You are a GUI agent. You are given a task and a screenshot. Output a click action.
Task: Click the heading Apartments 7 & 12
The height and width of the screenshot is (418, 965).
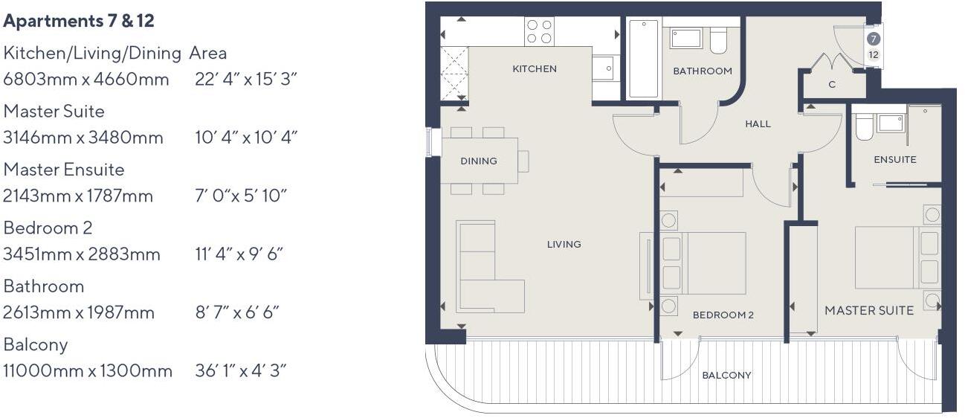point(79,21)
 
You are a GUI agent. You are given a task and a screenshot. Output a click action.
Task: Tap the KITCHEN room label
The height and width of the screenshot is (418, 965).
point(534,68)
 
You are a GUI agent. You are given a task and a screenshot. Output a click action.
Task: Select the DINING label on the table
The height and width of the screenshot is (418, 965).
point(478,161)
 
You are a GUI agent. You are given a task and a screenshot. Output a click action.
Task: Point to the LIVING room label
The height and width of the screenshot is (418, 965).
point(564,244)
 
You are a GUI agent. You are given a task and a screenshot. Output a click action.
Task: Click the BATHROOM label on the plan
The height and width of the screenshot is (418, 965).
point(702,71)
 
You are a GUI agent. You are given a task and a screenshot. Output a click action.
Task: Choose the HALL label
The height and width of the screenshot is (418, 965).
point(758,124)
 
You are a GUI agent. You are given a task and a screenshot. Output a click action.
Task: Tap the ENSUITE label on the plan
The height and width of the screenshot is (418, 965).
point(894,159)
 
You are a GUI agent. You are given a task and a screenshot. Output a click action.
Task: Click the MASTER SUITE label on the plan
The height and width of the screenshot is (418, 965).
point(868,310)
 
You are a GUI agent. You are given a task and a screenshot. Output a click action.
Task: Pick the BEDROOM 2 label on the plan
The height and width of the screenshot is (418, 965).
point(723,315)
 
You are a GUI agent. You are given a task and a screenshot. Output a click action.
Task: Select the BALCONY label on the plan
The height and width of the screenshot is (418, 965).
point(726,375)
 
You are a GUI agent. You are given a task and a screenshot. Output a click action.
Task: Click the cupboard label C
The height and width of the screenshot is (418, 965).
point(831,85)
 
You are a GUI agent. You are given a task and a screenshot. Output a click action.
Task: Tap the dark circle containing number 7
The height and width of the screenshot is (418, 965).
point(873,39)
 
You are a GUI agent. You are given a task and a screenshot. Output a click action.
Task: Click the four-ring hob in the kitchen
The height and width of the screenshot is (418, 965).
point(538,31)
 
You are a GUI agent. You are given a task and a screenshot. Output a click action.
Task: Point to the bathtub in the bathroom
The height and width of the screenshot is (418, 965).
point(643,59)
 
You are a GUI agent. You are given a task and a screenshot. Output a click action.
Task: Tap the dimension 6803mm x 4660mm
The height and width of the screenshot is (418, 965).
point(86,79)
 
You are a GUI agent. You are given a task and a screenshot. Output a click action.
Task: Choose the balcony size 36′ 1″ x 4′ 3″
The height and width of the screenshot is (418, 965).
point(240,370)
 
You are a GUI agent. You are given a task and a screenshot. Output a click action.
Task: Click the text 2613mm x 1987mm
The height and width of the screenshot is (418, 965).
point(79,312)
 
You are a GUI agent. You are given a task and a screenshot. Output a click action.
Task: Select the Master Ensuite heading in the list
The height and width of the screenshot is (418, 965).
point(64,170)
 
